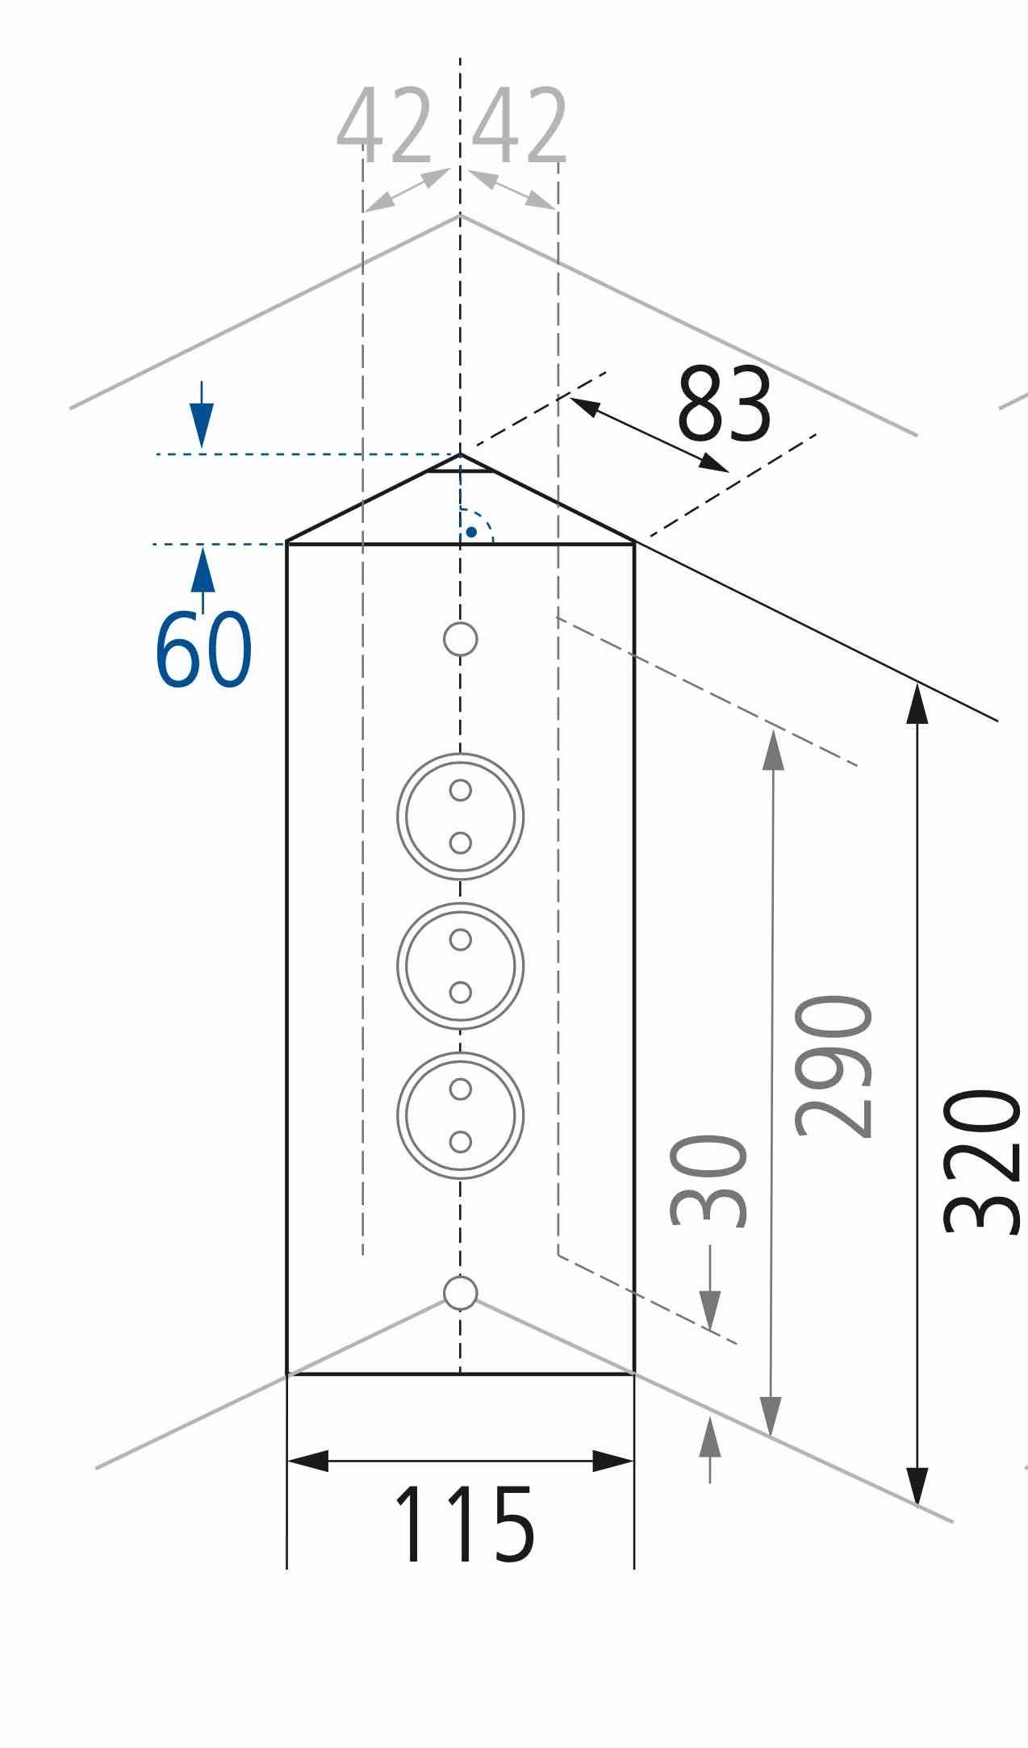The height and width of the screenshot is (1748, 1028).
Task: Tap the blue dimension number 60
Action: pyautogui.click(x=203, y=650)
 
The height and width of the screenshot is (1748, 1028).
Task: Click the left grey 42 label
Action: pyautogui.click(x=384, y=125)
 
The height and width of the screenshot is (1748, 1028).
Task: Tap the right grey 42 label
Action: pyautogui.click(x=520, y=125)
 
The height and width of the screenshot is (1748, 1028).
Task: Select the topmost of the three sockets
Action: pyautogui.click(x=460, y=816)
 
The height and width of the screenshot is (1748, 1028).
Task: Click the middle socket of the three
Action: pyautogui.click(x=460, y=965)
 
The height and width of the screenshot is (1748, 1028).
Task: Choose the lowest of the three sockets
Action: pyautogui.click(x=460, y=1114)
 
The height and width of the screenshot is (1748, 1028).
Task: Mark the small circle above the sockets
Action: pyautogui.click(x=460, y=639)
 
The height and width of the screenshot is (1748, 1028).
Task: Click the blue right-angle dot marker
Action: pyautogui.click(x=470, y=533)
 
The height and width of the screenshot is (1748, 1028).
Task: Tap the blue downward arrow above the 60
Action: pyautogui.click(x=202, y=415)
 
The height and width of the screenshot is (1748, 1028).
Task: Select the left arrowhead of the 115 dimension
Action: pyautogui.click(x=308, y=1461)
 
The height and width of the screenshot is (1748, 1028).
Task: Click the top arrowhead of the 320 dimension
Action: pyautogui.click(x=917, y=703)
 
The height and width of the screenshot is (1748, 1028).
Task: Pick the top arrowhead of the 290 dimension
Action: pyautogui.click(x=773, y=751)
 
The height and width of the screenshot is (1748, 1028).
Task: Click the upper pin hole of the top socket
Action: pyautogui.click(x=460, y=790)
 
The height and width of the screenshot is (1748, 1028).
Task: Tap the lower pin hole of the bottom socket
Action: pyautogui.click(x=460, y=1142)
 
